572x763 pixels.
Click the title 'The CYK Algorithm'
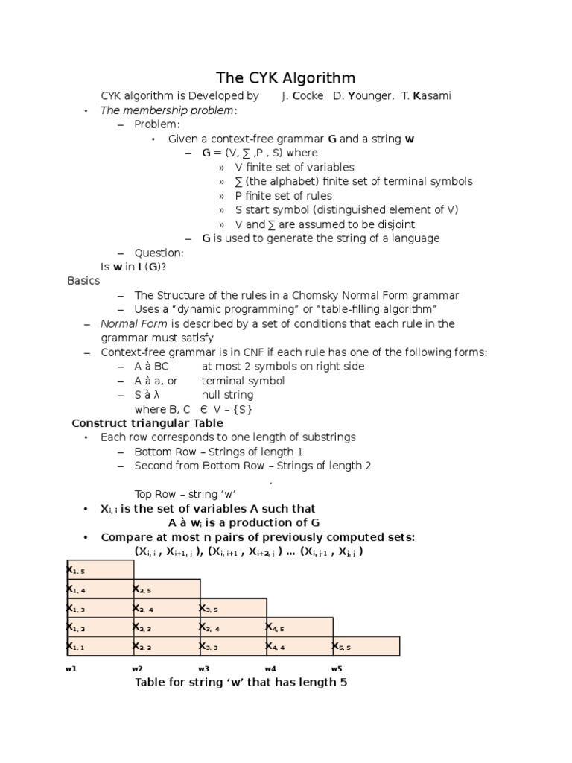285,77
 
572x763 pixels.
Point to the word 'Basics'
83,281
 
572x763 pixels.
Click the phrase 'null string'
227,395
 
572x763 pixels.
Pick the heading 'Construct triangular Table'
147,423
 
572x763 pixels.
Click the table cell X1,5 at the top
100,569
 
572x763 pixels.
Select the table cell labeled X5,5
366,646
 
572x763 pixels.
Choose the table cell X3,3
232,646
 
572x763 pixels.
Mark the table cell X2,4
166,608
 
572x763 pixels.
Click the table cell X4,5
299,627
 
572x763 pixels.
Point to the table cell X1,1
100,646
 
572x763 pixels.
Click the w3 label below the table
204,668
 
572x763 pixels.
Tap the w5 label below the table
337,668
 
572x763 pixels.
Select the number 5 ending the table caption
343,683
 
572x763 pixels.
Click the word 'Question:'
159,253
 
